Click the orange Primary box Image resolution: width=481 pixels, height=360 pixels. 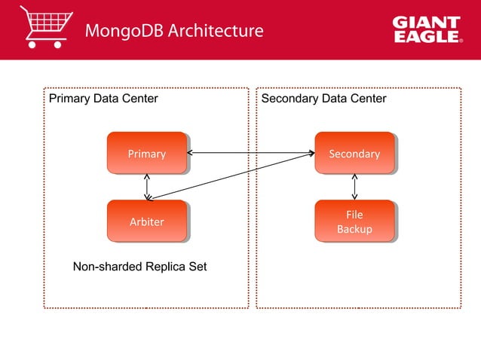click(146, 154)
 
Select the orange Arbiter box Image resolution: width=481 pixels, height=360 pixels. click(146, 221)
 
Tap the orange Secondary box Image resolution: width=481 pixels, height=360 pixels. click(354, 154)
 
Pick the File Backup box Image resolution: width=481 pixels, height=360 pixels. click(354, 221)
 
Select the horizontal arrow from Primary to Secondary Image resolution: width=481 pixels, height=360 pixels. click(250, 154)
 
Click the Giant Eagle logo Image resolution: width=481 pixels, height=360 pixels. click(426, 30)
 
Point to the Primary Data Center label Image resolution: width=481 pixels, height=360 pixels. click(103, 99)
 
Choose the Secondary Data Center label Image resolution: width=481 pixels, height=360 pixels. click(323, 99)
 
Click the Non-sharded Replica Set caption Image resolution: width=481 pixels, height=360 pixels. click(139, 267)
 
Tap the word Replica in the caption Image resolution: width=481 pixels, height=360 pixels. click(164, 267)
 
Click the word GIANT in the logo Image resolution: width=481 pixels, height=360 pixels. click(426, 23)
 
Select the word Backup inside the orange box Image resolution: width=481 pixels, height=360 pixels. click(354, 229)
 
